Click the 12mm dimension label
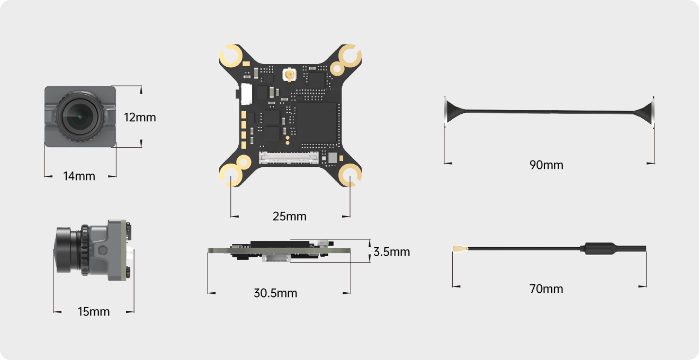(140, 117)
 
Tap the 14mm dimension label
(79, 176)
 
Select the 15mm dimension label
(94, 311)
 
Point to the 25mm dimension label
(290, 216)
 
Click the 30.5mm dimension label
(275, 293)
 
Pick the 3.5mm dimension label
(391, 251)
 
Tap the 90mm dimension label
(546, 165)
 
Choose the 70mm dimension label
(546, 289)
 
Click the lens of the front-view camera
(78, 115)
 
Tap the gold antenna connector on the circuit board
(289, 76)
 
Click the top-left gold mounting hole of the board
(231, 56)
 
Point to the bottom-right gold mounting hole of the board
(350, 175)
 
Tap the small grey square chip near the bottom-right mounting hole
(333, 157)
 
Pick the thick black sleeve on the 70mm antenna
(600, 248)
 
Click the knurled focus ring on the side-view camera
(84, 250)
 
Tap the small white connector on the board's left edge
(246, 94)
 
